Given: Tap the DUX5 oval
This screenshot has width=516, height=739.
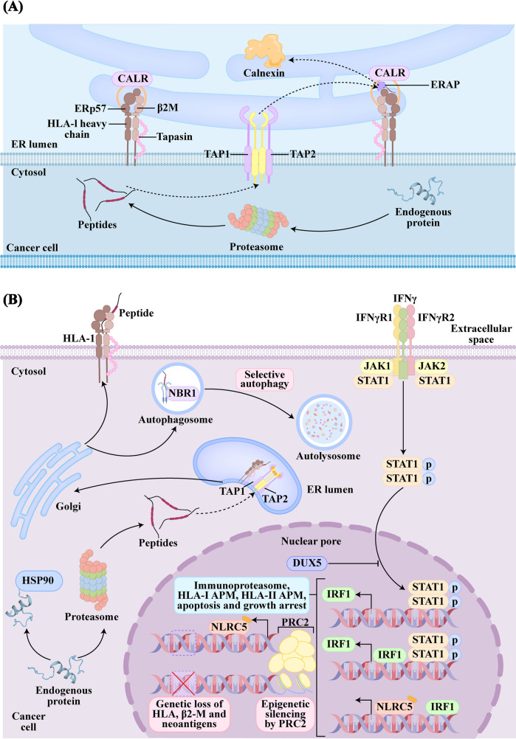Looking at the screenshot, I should (x=305, y=562).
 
